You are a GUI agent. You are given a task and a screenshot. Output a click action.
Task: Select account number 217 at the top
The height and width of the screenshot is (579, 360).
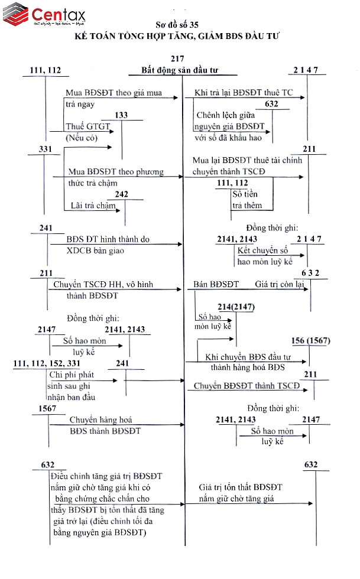(177, 58)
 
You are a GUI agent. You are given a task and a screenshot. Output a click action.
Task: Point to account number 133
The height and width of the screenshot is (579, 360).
(121, 115)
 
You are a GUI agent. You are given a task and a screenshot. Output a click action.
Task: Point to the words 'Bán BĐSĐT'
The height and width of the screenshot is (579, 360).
(216, 284)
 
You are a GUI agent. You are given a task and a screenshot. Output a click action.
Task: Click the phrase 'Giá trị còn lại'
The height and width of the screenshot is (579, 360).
(279, 284)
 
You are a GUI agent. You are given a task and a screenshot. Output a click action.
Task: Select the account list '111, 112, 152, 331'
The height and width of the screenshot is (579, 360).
(46, 363)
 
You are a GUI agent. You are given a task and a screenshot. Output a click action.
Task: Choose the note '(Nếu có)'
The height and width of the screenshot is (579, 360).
(82, 138)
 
